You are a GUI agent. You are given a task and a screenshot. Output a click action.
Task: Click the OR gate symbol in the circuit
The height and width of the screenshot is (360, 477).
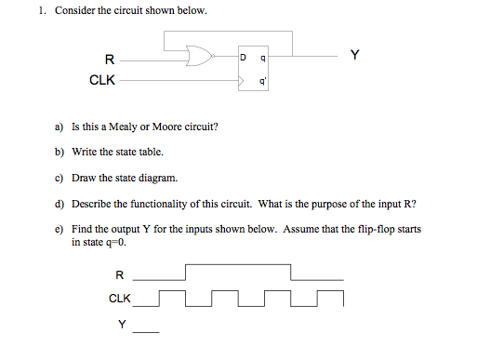point(198,59)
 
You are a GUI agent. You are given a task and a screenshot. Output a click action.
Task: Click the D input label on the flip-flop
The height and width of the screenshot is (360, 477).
point(243,59)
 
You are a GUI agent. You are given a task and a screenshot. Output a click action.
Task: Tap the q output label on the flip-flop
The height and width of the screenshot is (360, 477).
point(264,59)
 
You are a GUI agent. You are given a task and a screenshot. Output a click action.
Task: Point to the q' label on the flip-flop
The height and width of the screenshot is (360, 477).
point(264,80)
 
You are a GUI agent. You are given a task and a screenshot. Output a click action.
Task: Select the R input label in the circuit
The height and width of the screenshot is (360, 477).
point(110,60)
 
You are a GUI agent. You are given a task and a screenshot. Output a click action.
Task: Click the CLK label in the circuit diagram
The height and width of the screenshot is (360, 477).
point(102,80)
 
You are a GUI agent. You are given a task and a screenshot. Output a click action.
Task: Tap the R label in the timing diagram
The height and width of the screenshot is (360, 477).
point(118,274)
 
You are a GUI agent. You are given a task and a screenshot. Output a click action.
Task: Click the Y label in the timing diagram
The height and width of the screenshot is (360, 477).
point(121,324)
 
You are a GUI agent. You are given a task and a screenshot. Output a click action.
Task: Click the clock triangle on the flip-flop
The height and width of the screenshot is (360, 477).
point(244,81)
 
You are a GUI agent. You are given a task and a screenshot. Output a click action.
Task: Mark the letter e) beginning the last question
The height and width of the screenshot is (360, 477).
point(60,228)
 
